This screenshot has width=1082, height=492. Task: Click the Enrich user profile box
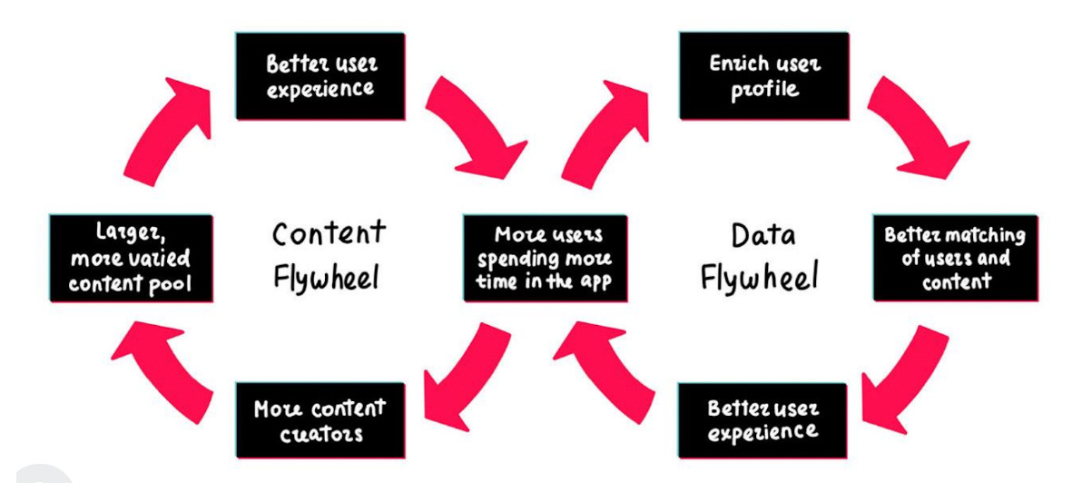[764, 76]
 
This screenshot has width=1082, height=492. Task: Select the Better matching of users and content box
[955, 258]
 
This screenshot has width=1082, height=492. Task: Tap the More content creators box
[320, 419]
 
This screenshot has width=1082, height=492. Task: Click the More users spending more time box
[546, 258]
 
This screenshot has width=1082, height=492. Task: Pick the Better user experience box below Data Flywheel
[762, 419]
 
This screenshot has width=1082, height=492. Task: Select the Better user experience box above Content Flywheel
[320, 76]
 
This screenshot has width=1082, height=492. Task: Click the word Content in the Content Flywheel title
[329, 233]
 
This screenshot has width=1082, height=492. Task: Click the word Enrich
[736, 64]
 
